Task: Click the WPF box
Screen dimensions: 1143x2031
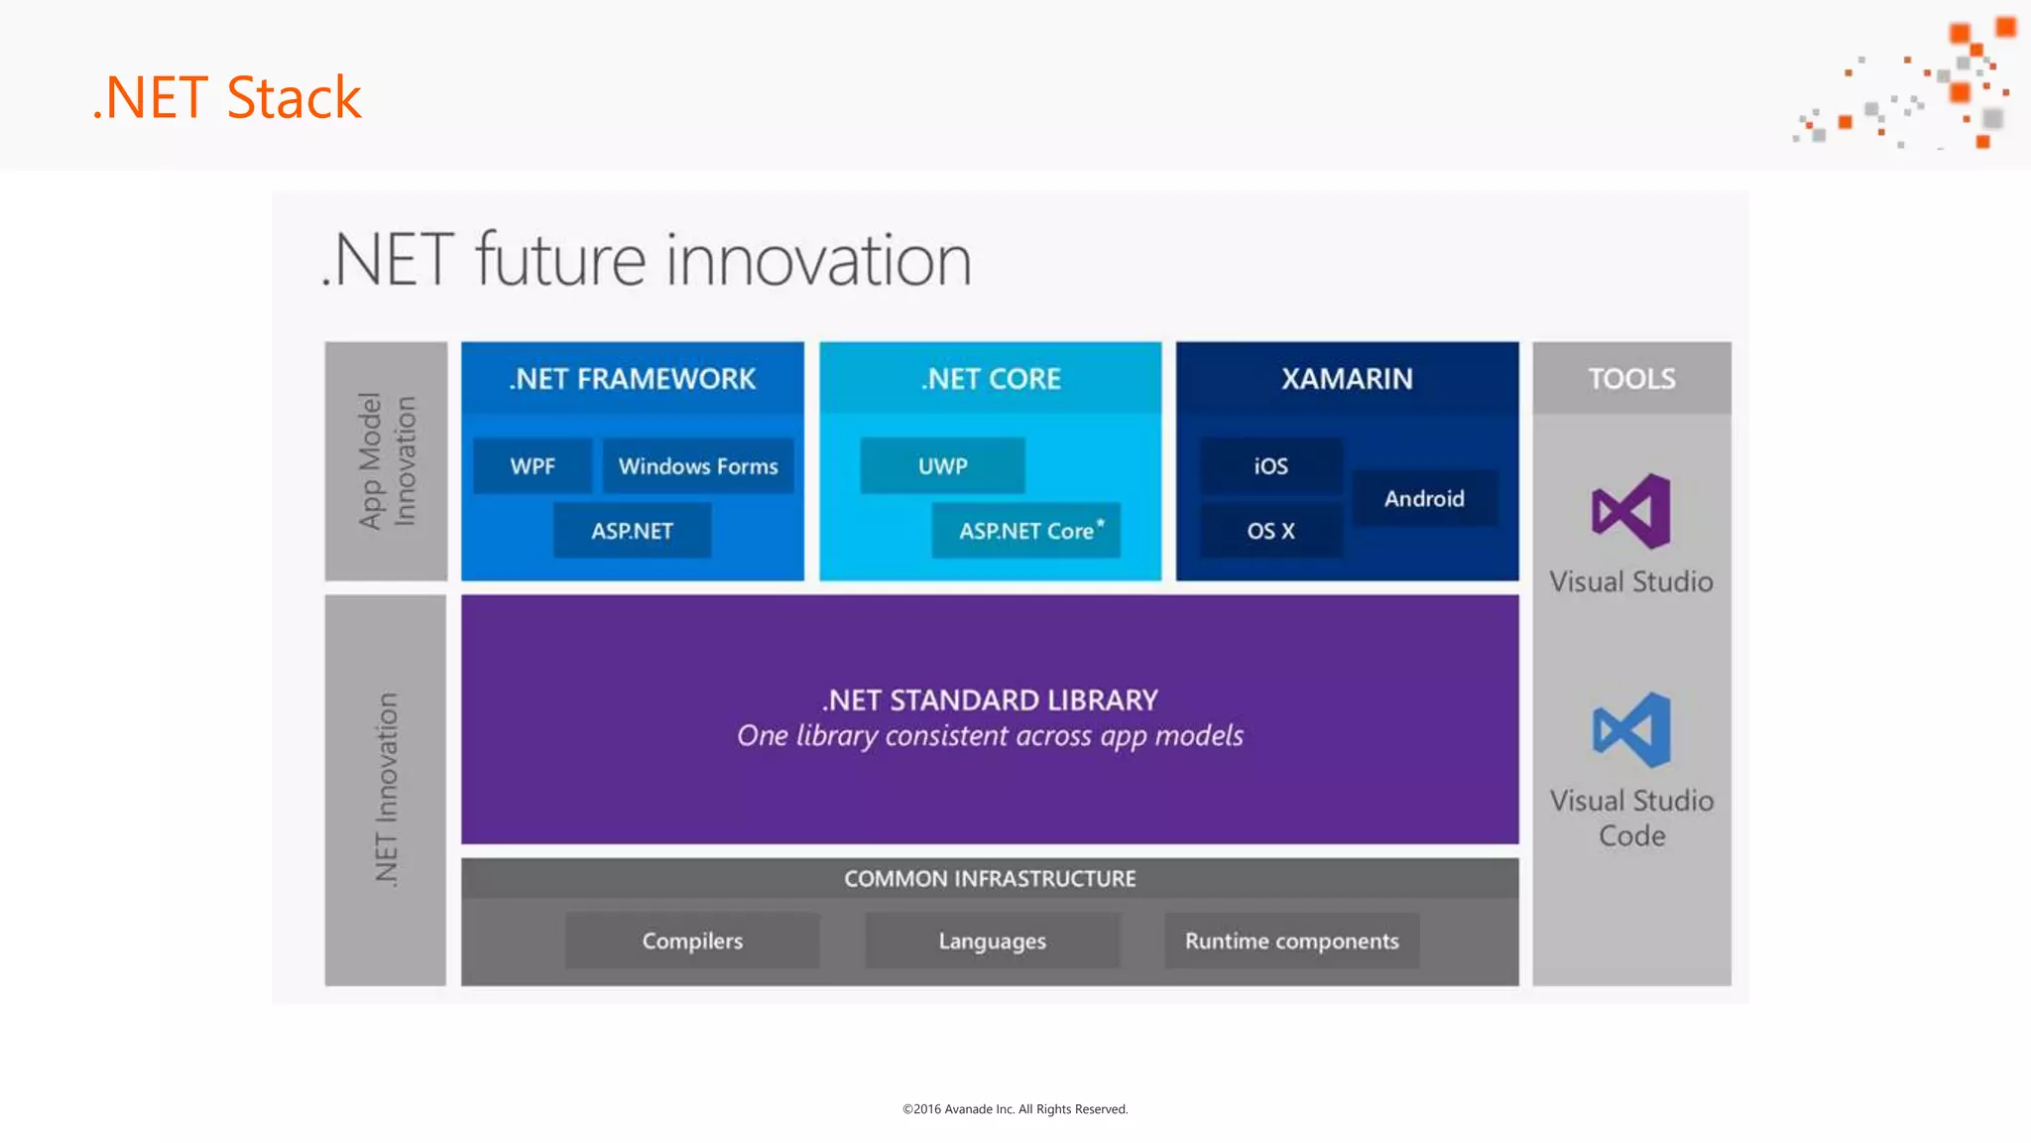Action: click(533, 466)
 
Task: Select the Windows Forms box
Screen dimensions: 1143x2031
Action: click(698, 466)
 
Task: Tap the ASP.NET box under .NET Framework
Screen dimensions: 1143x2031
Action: click(632, 531)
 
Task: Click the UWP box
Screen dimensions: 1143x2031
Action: click(942, 466)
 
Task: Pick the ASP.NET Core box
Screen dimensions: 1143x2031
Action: click(1026, 531)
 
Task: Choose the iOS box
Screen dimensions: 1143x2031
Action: click(1270, 466)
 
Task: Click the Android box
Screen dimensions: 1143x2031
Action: click(1424, 498)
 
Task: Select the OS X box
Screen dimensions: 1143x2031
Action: click(1270, 531)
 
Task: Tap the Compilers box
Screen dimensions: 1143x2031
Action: click(692, 941)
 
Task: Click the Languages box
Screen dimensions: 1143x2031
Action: click(992, 941)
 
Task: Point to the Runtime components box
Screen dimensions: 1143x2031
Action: click(1291, 941)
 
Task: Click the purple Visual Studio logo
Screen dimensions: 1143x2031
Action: click(1631, 512)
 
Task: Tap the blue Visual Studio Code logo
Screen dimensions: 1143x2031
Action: click(1631, 730)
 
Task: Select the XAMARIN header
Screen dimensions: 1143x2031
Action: click(1347, 379)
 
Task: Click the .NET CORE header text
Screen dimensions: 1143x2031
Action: click(991, 379)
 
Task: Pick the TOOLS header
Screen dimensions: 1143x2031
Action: click(1631, 379)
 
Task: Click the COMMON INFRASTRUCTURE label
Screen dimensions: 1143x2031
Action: click(990, 879)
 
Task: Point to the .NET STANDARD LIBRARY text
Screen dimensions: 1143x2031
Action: click(990, 700)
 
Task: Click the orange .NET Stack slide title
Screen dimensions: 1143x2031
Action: click(227, 97)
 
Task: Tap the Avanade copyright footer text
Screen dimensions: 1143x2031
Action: click(1015, 1109)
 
